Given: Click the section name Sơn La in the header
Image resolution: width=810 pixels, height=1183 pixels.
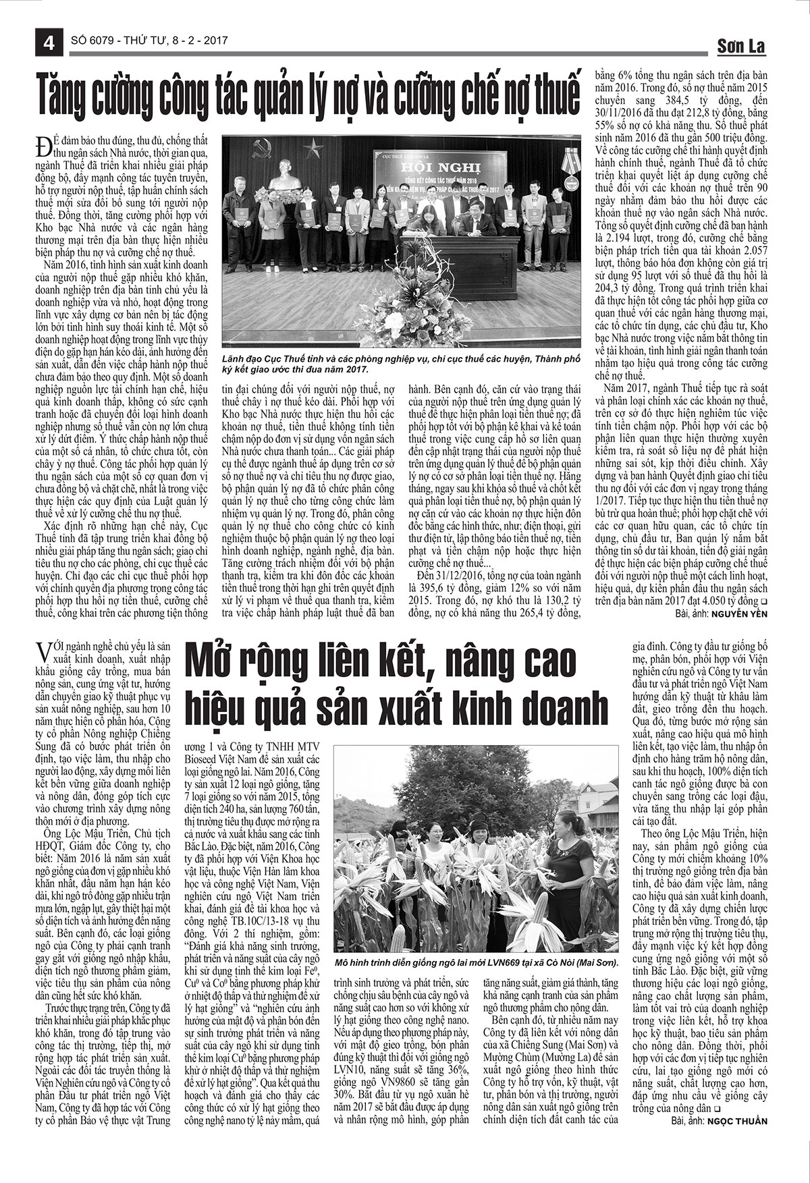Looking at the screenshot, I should [x=741, y=47].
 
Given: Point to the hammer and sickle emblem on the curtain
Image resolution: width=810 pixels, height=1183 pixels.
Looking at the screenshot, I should [x=263, y=149].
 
